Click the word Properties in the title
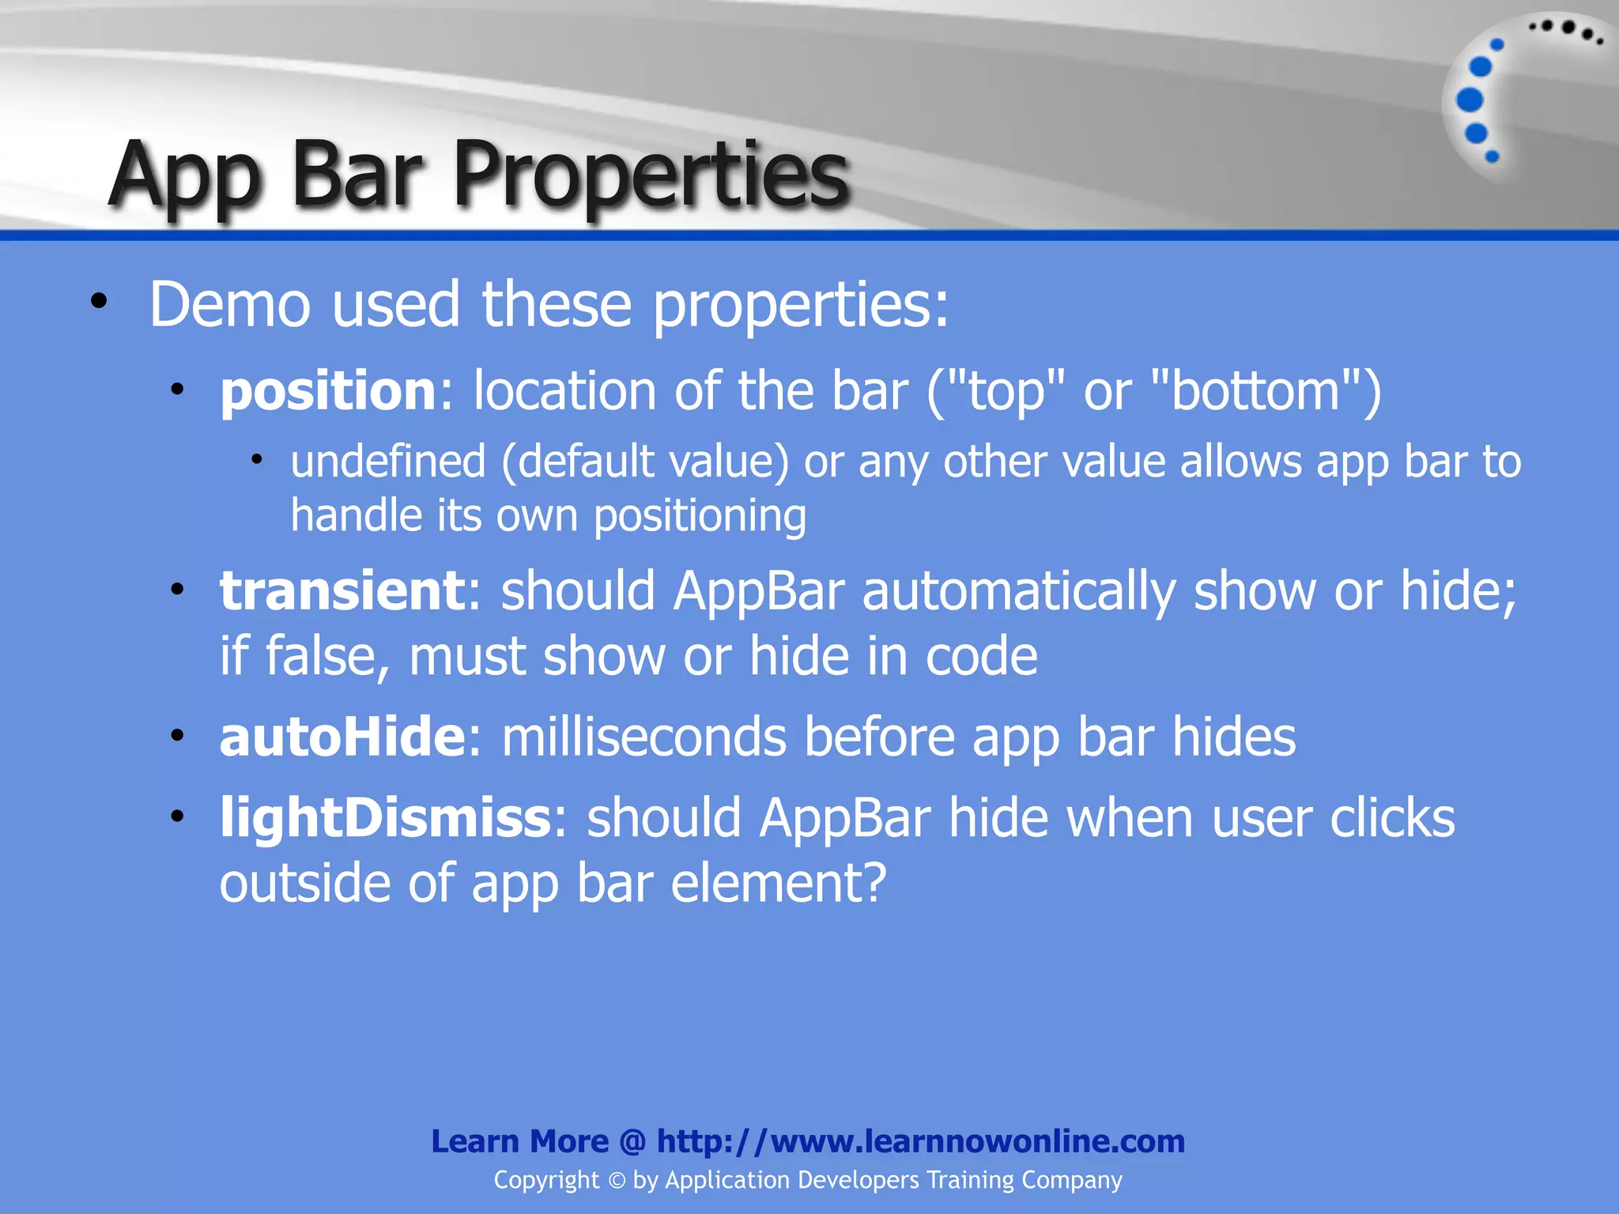click(x=650, y=175)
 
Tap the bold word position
click(x=327, y=392)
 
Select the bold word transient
click(x=342, y=591)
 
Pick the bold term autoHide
click(x=342, y=737)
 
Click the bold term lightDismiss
click(x=385, y=818)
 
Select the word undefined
click(x=387, y=462)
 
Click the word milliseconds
click(x=643, y=737)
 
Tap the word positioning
click(x=700, y=517)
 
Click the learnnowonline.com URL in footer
click(x=921, y=1141)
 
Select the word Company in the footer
click(x=1071, y=1181)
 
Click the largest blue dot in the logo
click(x=1470, y=100)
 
